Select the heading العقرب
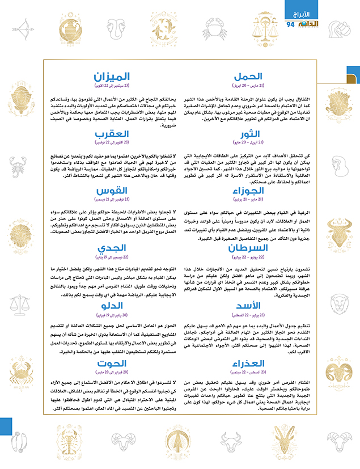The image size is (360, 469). (112, 134)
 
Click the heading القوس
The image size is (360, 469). (112, 191)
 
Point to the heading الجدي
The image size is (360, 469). (112, 248)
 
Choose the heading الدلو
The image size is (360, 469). (112, 306)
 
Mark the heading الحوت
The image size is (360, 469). (112, 364)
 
